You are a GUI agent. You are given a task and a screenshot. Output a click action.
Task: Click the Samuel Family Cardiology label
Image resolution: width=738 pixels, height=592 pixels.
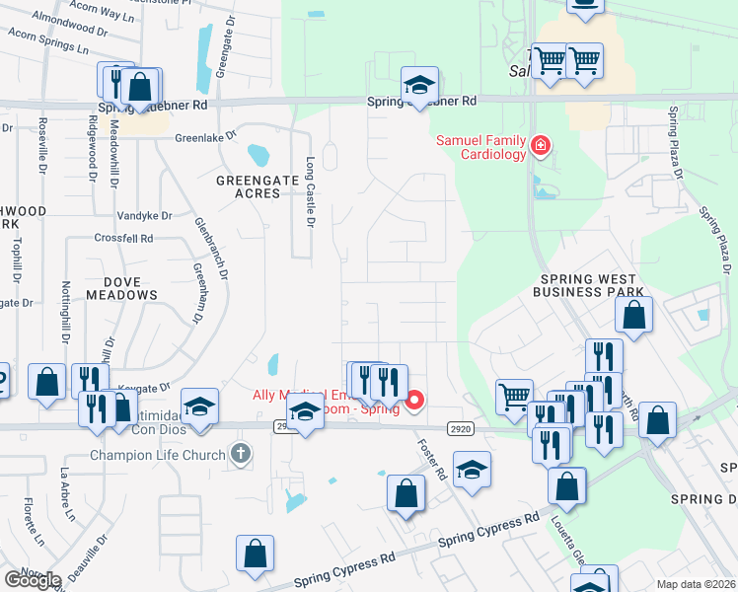482,148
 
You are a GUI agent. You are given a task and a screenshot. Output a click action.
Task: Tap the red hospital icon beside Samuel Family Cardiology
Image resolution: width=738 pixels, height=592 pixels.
540,148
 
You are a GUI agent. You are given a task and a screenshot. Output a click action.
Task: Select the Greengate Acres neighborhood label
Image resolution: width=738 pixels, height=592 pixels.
258,189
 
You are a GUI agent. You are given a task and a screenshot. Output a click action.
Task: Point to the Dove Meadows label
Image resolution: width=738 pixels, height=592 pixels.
122,286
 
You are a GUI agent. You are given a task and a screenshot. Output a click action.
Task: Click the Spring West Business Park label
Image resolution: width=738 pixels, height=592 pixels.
588,285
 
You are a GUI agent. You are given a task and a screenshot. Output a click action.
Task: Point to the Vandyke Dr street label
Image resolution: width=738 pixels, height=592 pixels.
145,215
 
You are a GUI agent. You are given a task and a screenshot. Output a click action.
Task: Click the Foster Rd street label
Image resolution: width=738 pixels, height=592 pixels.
431,460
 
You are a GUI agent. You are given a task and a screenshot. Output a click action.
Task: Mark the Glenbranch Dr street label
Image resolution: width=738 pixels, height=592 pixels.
214,247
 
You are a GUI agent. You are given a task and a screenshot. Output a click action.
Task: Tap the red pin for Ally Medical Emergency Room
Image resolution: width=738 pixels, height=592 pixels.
415,400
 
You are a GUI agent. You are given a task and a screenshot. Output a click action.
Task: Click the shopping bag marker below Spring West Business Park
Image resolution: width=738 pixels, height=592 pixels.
634,316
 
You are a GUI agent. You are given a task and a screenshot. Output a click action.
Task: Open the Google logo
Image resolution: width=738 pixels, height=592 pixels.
33,580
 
